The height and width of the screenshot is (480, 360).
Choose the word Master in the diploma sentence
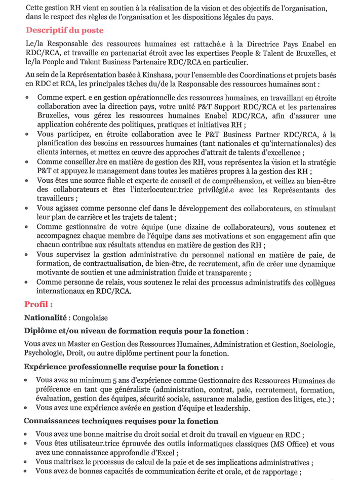77,344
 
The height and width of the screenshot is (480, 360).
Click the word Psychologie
44,353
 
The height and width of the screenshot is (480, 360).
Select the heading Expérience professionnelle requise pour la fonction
123,367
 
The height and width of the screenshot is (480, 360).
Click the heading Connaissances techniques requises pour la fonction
121,421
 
